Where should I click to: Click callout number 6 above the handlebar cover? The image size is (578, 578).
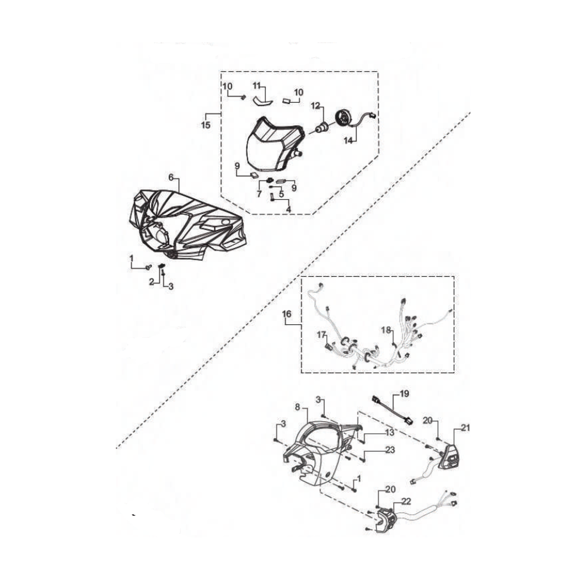coord(171,177)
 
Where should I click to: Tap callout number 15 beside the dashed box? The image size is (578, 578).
coord(206,125)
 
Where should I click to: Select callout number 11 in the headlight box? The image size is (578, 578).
coord(256,86)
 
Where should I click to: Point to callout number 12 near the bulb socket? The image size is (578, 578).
coord(316,106)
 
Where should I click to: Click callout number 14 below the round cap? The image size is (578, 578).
coord(349,140)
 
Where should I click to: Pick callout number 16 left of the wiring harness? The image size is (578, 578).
coord(287,314)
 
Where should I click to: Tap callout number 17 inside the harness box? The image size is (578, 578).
coord(322,335)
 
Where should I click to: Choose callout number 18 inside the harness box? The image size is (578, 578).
coord(386,330)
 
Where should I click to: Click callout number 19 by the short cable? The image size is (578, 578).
coord(405,394)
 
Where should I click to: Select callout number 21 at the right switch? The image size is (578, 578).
coord(466,428)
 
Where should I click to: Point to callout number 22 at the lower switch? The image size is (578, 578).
coord(406,501)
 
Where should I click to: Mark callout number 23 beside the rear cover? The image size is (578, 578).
coord(390,450)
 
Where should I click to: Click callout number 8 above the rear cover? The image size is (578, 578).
coord(298,407)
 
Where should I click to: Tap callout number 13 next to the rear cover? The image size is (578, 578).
coord(390,432)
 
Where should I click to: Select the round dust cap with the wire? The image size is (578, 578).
coord(343,119)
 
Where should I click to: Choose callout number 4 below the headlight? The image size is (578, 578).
coord(288,209)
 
